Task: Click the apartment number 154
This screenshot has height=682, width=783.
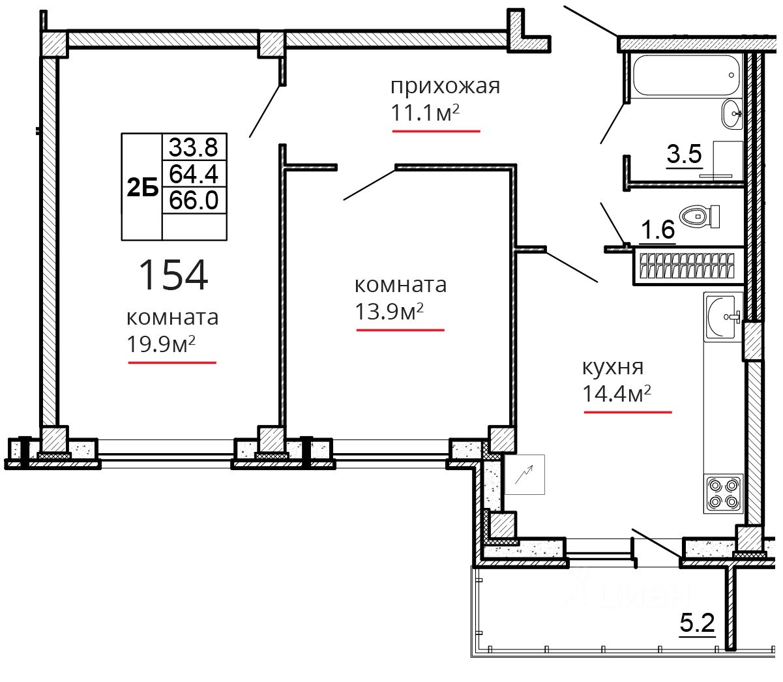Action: click(x=173, y=274)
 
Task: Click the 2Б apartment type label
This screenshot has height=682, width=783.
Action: click(x=142, y=188)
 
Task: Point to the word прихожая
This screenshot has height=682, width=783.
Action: click(x=445, y=87)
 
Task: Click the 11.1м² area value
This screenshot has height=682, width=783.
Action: click(x=425, y=113)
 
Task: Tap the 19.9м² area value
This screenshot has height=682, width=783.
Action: click(x=161, y=344)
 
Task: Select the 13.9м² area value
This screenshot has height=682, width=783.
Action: click(x=389, y=311)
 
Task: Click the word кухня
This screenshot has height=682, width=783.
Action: click(x=613, y=367)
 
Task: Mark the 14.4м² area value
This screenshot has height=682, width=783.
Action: click(x=617, y=393)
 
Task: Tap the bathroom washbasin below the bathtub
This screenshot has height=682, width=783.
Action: click(x=731, y=113)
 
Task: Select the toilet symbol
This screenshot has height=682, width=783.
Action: click(x=699, y=216)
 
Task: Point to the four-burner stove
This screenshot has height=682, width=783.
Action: click(x=723, y=494)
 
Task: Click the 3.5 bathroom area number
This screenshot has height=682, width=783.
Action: click(x=684, y=154)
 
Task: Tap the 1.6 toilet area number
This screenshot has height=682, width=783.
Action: click(x=657, y=230)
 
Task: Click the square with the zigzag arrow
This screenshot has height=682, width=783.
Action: click(x=525, y=475)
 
